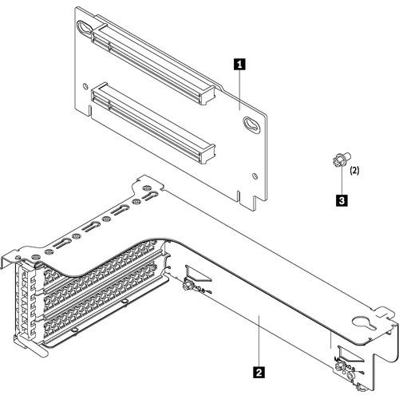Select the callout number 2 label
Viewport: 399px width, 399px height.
pyautogui.click(x=257, y=370)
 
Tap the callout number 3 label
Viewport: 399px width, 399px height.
pyautogui.click(x=342, y=202)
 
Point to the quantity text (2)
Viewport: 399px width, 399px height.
pyautogui.click(x=356, y=170)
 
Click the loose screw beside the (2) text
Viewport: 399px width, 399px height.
pyautogui.click(x=338, y=161)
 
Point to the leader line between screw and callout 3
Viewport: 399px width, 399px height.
pyautogui.click(x=341, y=182)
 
